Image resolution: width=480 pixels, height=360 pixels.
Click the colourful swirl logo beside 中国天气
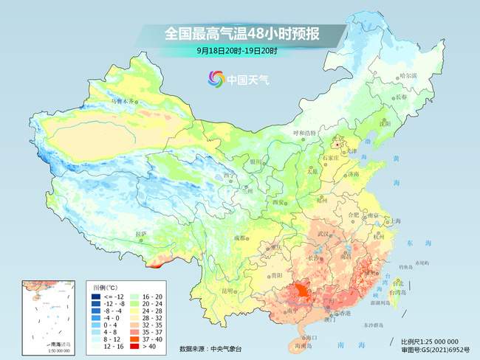coord(216,77)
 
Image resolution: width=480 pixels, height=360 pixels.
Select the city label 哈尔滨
coord(408,76)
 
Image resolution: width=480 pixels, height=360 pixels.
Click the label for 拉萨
coord(141,234)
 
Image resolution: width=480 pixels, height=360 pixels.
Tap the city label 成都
coord(241,238)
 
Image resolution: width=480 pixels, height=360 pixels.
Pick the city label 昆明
coord(233,290)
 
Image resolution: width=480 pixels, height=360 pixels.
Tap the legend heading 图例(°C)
coord(106,285)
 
